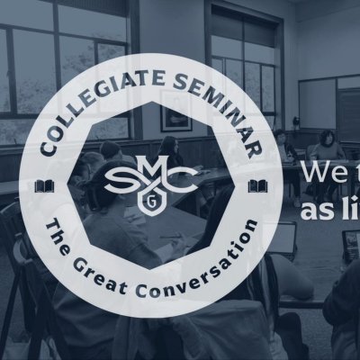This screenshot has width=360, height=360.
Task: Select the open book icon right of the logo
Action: point(258,186)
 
